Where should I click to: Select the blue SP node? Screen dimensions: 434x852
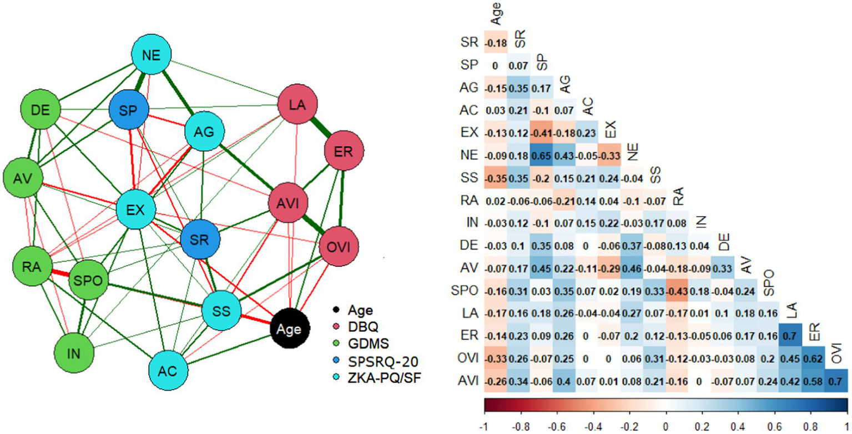128,109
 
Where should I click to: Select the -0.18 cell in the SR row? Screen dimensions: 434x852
494,42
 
